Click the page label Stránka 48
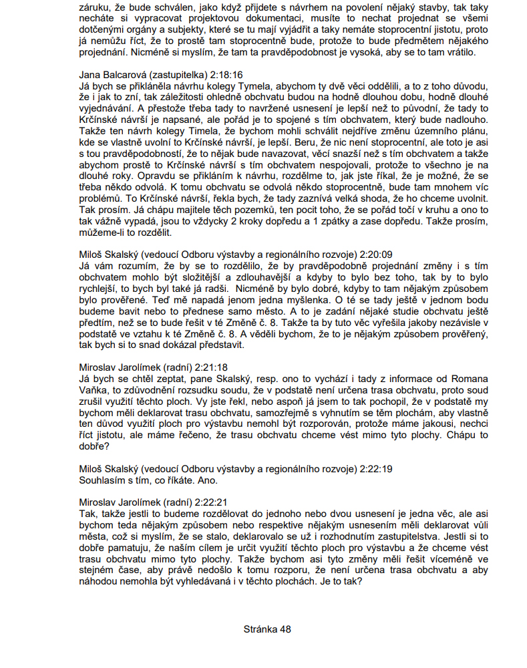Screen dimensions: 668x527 [267, 629]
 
